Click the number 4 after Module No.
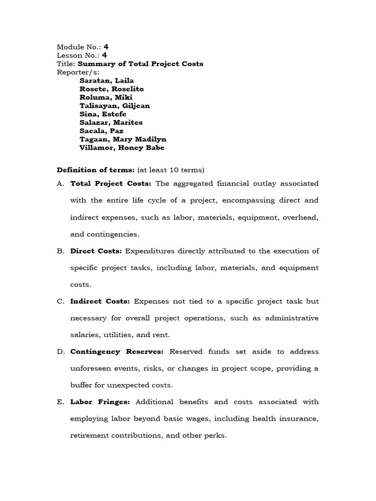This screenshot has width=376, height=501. pyautogui.click(x=106, y=47)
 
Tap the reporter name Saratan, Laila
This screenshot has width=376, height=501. pyautogui.click(x=106, y=81)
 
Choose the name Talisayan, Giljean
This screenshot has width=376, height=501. pyautogui.click(x=115, y=106)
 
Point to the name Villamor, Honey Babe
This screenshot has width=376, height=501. pyautogui.click(x=122, y=147)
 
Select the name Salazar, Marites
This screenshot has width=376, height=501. pyautogui.click(x=111, y=122)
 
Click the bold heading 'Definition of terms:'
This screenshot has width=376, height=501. pyautogui.click(x=96, y=170)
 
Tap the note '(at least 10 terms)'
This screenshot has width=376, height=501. pyautogui.click(x=171, y=170)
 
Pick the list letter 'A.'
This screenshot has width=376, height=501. pyautogui.click(x=61, y=183)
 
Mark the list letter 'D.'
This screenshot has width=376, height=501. pyautogui.click(x=61, y=352)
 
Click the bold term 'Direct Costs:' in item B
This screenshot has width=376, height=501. pyautogui.click(x=96, y=251)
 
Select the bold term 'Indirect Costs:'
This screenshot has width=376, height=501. pyautogui.click(x=100, y=301)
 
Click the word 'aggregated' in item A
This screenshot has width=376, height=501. pyautogui.click(x=194, y=183)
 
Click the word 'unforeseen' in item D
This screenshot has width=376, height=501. pyautogui.click(x=92, y=368)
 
